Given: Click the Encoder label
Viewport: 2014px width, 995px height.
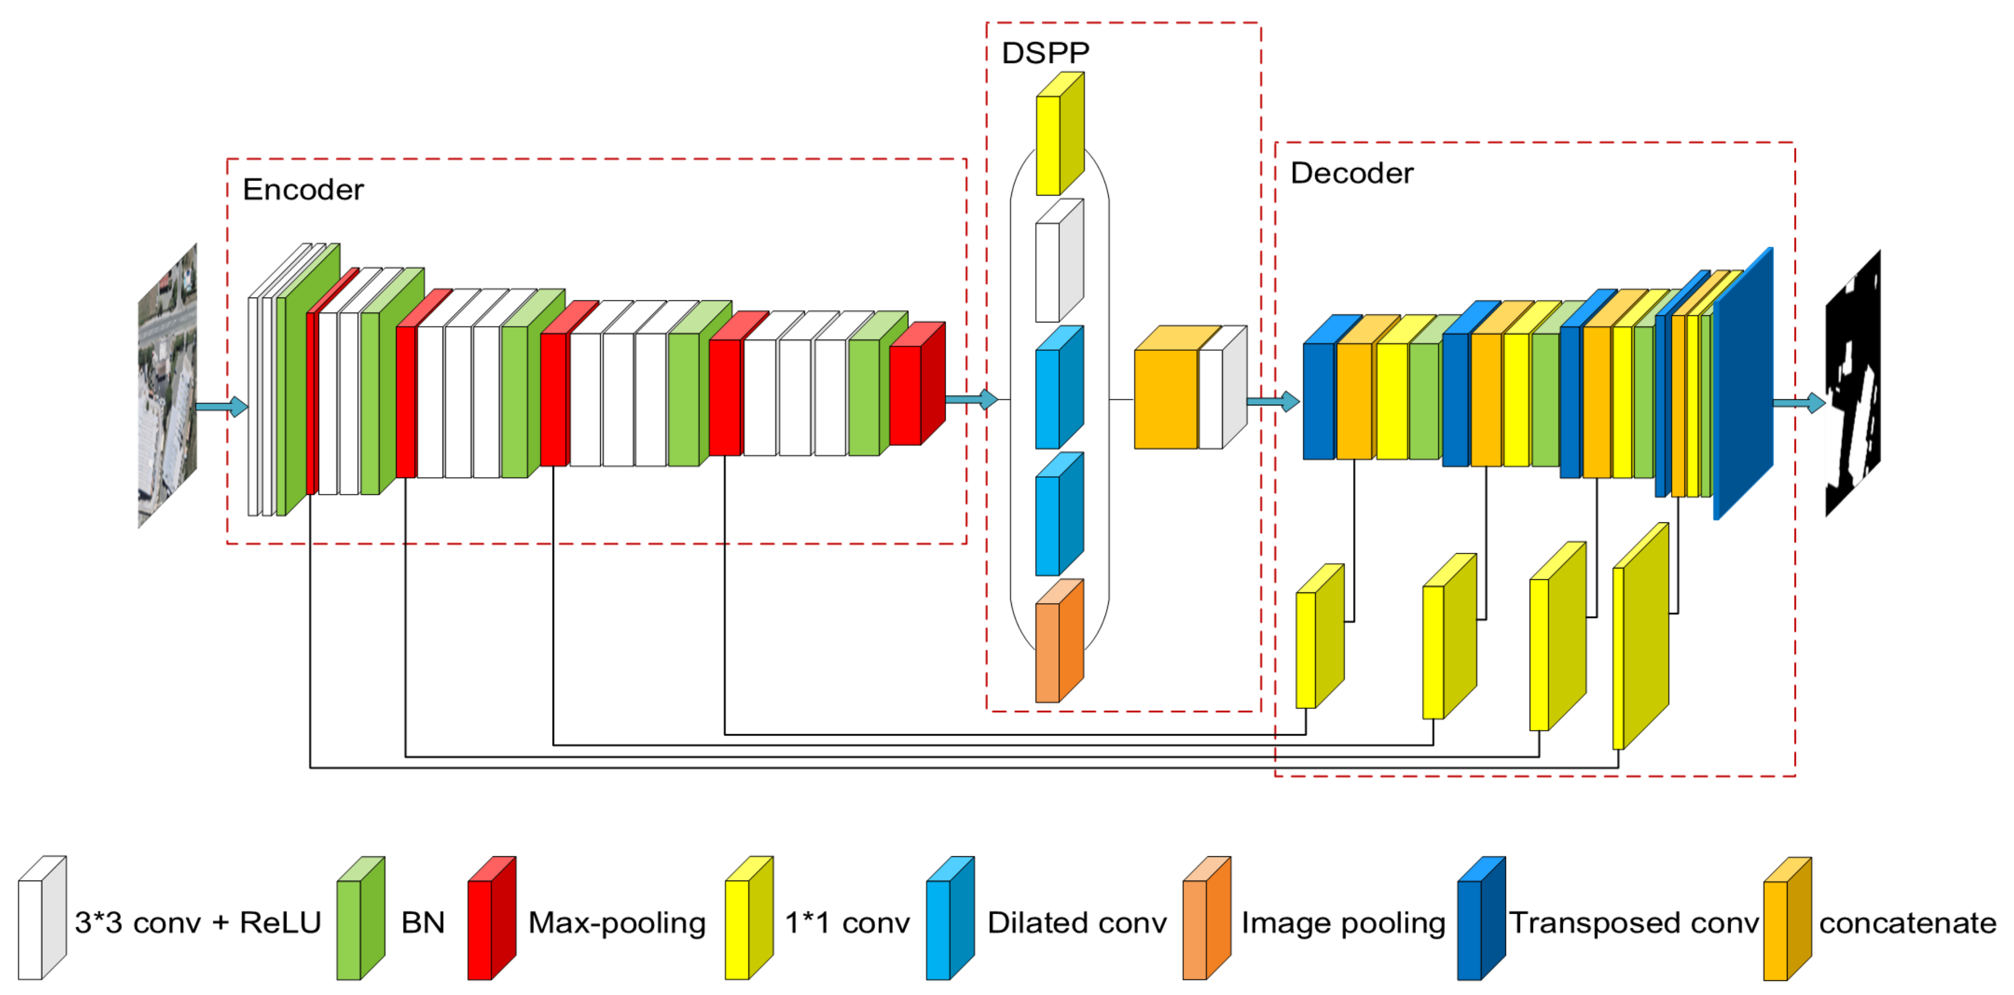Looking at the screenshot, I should click(x=303, y=189).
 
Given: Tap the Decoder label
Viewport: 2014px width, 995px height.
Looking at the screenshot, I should click(x=1351, y=173).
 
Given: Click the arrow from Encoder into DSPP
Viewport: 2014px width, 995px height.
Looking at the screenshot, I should click(x=971, y=400).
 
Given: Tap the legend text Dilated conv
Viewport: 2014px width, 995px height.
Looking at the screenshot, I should click(x=1076, y=923).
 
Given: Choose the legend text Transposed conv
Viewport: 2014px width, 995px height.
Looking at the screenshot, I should click(x=1633, y=923).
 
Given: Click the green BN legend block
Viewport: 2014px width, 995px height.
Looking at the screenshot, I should click(x=360, y=920).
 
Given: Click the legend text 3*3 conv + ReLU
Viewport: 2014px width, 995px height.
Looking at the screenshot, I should click(x=198, y=923).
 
